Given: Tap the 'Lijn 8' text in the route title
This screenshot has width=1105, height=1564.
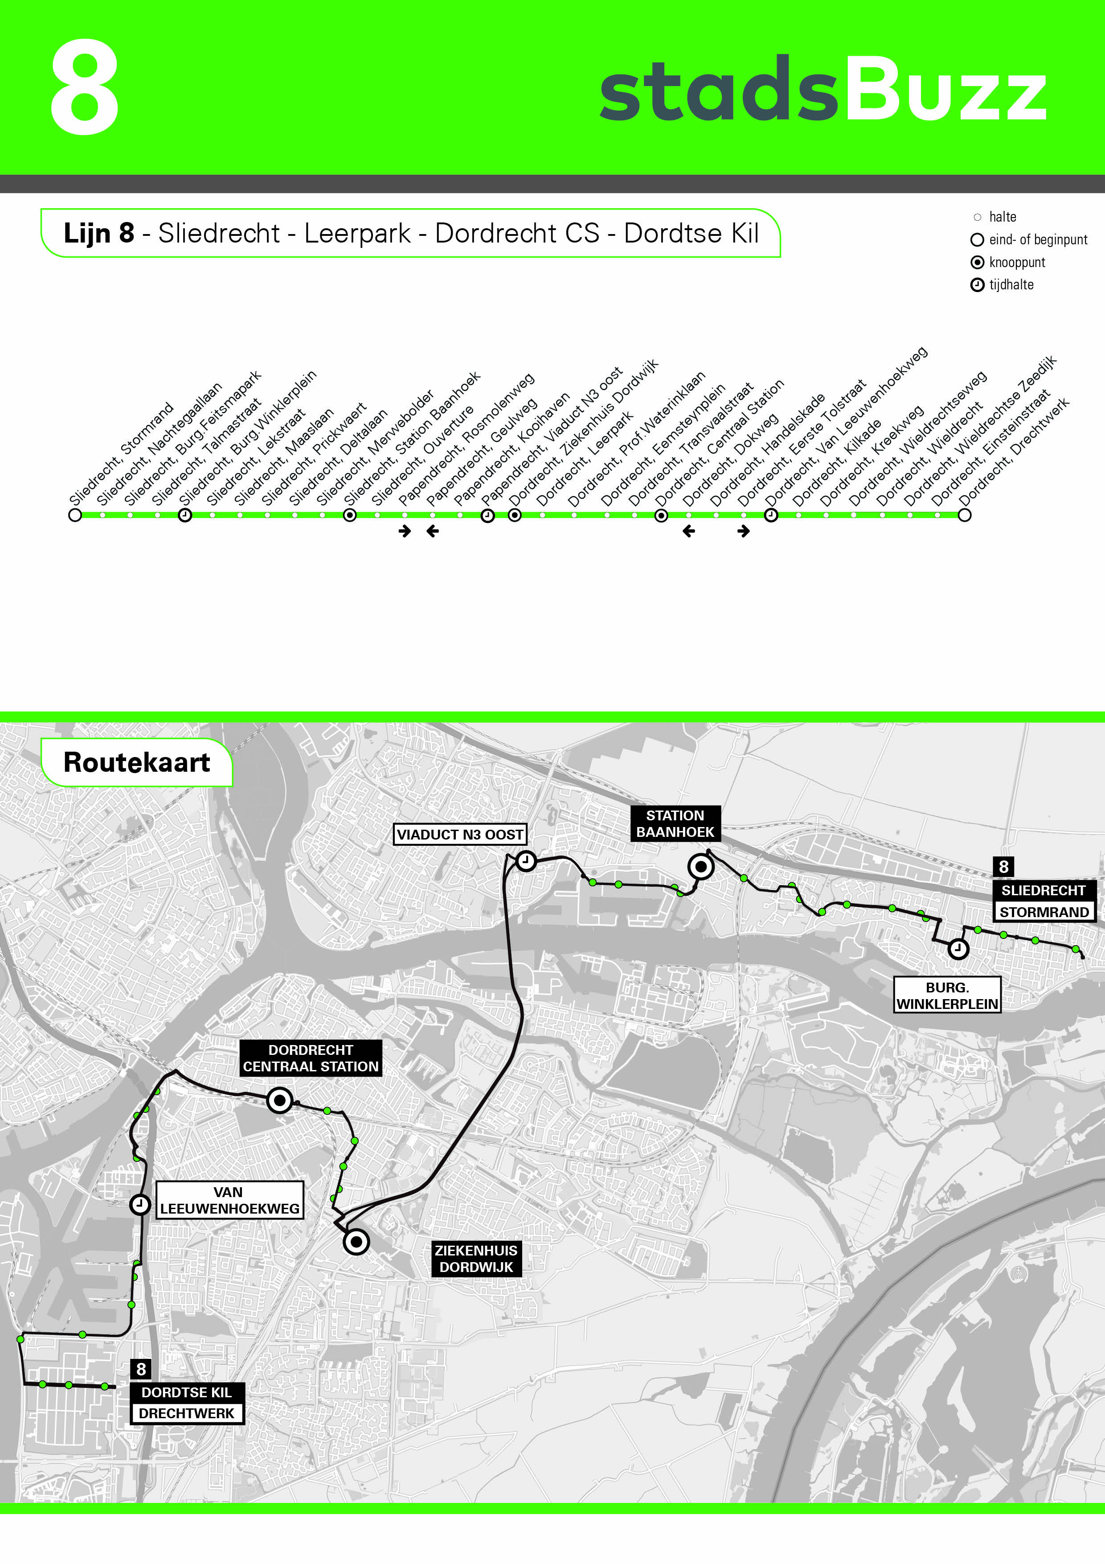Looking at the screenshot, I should (99, 234).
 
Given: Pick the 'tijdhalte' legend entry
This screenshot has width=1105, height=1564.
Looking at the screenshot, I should (1011, 285).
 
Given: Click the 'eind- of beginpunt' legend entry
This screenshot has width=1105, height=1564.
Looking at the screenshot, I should (1037, 240).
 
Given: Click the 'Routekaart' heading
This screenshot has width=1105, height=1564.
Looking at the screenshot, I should (136, 762).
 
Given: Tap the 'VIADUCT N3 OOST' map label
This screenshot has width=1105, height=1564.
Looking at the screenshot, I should (459, 835).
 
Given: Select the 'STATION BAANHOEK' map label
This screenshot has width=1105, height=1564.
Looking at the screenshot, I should (675, 823).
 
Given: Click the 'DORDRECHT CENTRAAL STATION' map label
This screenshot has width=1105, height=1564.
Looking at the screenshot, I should (311, 1058).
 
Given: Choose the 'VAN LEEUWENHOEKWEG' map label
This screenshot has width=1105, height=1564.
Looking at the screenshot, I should (229, 1200).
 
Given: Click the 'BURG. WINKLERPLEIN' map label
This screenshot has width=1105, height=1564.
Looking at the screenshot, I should (947, 995).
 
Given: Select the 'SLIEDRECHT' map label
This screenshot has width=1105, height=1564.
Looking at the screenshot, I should (1043, 890).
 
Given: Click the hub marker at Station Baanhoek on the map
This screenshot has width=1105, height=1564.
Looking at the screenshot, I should (700, 866).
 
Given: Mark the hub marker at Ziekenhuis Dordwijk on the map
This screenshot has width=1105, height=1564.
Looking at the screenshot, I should (356, 1242).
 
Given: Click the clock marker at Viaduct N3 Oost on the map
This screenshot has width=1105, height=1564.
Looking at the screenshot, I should (526, 861).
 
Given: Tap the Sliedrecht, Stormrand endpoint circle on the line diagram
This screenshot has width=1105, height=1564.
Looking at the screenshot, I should (75, 515).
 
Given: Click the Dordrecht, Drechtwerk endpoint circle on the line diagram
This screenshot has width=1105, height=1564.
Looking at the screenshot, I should (964, 515).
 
